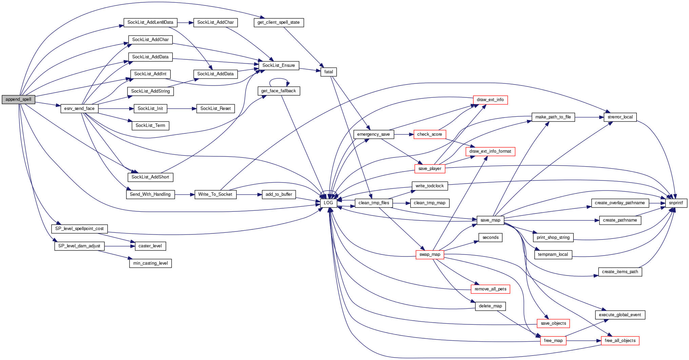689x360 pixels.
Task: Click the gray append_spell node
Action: pyautogui.click(x=18, y=99)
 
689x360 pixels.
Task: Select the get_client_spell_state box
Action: pyautogui.click(x=278, y=22)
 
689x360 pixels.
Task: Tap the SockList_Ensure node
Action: pyautogui.click(x=278, y=65)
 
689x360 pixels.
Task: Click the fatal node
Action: pyautogui.click(x=329, y=72)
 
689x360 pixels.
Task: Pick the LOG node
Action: pyautogui.click(x=328, y=203)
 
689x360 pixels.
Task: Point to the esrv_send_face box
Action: pyautogui.click(x=79, y=109)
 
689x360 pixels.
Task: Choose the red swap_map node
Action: pyautogui.click(x=430, y=254)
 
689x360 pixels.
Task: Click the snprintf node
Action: pyautogui.click(x=676, y=203)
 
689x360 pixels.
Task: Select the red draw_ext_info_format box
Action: pyautogui.click(x=490, y=151)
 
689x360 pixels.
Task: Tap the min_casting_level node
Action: pyautogui.click(x=150, y=263)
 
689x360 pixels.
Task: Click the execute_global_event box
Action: pyautogui.click(x=620, y=315)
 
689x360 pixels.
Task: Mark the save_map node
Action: pyautogui.click(x=490, y=220)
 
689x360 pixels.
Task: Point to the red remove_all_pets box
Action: pyautogui.click(x=490, y=289)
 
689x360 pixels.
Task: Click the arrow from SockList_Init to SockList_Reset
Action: pyautogui.click(x=181, y=109)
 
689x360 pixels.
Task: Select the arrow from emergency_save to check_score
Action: pyautogui.click(x=403, y=134)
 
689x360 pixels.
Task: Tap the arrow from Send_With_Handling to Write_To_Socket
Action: pyautogui.click(x=184, y=194)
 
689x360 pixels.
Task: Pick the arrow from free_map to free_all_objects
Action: pyautogui.click(x=583, y=341)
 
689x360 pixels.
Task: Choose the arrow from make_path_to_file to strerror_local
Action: pyautogui.click(x=589, y=117)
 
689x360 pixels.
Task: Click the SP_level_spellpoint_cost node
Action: pyautogui.click(x=79, y=229)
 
